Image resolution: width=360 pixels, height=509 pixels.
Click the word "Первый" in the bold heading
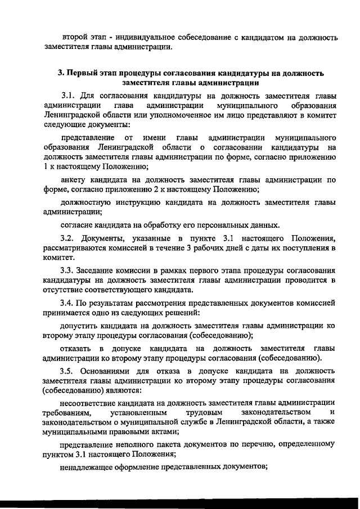pyautogui.click(x=84, y=74)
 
